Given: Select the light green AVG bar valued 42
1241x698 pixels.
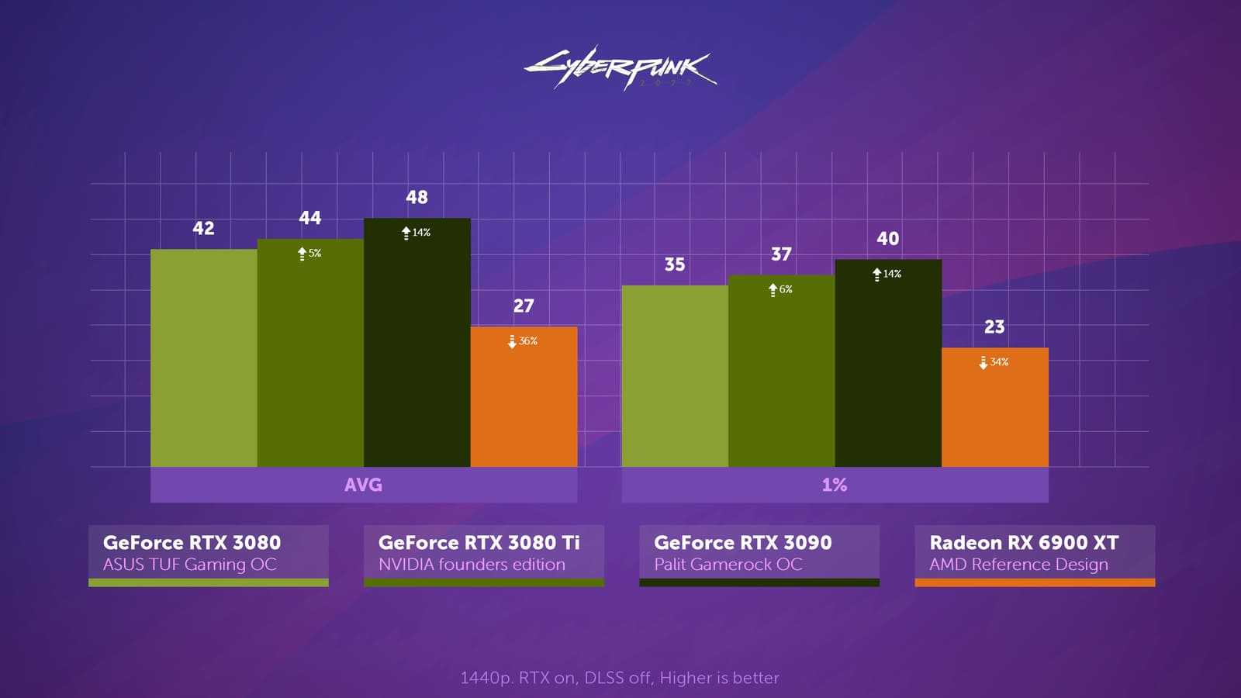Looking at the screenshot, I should tap(203, 358).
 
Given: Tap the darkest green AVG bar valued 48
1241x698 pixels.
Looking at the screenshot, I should tap(417, 342).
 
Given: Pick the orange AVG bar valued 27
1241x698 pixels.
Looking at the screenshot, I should tap(524, 396).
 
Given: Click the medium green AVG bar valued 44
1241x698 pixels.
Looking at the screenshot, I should tap(310, 353).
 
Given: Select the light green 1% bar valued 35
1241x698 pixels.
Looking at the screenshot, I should tap(675, 376).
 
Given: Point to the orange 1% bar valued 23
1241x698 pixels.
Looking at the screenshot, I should tap(994, 407).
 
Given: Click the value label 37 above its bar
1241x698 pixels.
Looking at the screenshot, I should tap(781, 254).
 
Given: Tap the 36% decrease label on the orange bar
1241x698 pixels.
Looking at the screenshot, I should tap(523, 341).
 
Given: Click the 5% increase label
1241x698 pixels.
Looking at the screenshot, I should tap(309, 254).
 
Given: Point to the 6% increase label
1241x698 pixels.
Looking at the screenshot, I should tap(780, 289).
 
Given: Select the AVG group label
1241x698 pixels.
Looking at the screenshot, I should tap(363, 485).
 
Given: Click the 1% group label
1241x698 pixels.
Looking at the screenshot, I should tap(834, 485).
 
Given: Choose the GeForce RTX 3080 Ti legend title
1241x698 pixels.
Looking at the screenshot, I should tap(479, 543).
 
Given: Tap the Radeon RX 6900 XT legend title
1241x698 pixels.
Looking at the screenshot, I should tap(1024, 543).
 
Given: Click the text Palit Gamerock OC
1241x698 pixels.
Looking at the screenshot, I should tap(728, 565).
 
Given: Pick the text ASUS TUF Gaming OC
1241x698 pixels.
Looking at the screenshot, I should tap(189, 565).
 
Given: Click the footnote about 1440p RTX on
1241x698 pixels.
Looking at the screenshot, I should tap(620, 678).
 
